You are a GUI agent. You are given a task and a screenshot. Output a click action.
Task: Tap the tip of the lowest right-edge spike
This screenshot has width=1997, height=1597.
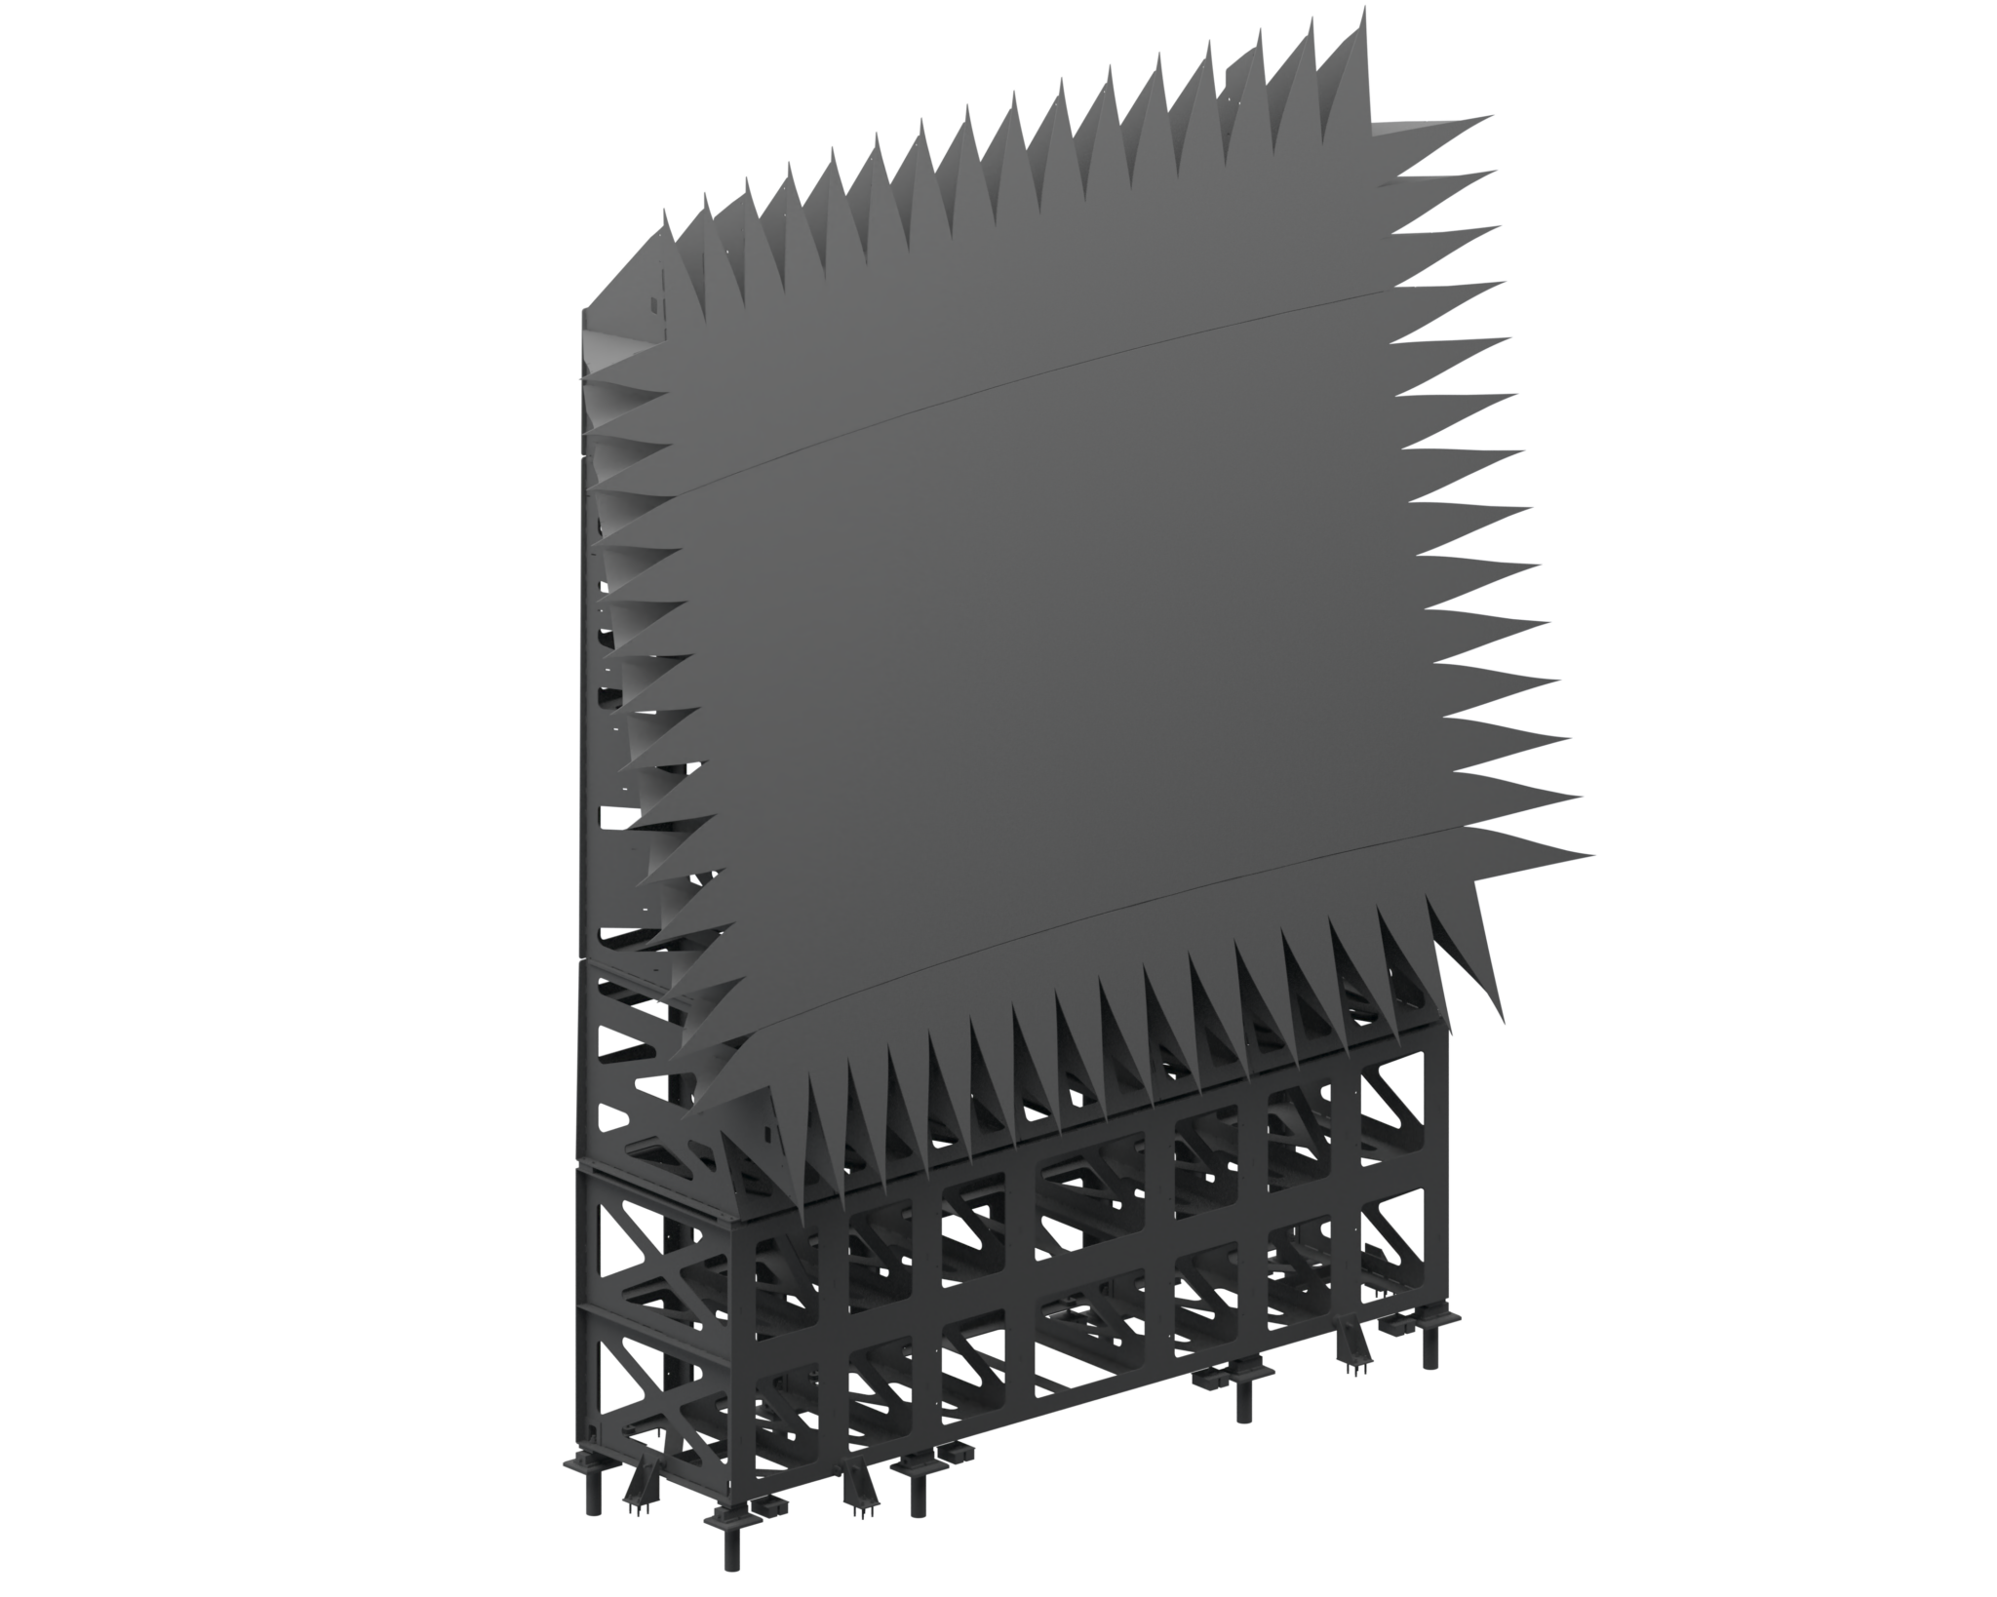[1595, 855]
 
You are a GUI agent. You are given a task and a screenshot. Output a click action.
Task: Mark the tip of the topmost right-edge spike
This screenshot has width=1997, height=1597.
[1492, 118]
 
